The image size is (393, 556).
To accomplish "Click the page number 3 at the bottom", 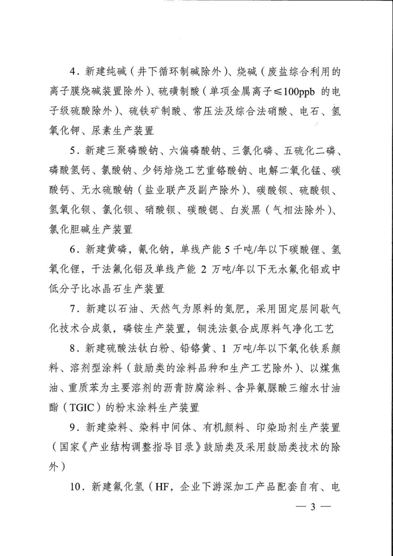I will click(313, 507).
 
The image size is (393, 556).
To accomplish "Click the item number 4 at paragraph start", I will click(73, 72).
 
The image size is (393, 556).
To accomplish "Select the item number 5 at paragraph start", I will click(73, 151).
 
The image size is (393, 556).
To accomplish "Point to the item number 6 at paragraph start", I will click(73, 250).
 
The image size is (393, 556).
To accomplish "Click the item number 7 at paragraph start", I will click(73, 309).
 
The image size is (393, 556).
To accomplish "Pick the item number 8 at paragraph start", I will click(73, 349).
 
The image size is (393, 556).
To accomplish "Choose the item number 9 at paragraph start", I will click(73, 427).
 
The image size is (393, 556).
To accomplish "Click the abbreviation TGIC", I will click(82, 408).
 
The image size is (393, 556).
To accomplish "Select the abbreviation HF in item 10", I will click(162, 487).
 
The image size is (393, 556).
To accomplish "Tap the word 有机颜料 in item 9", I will click(223, 427).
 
